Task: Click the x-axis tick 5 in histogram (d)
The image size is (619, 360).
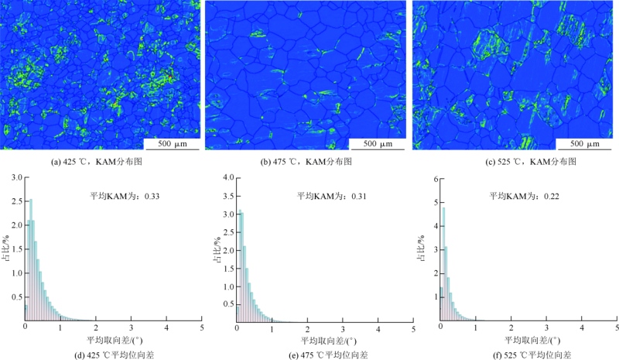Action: [202, 329]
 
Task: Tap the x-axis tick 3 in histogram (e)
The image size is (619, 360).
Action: [343, 329]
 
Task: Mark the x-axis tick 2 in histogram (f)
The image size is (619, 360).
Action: [511, 329]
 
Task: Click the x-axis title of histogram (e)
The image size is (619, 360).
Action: [323, 341]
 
